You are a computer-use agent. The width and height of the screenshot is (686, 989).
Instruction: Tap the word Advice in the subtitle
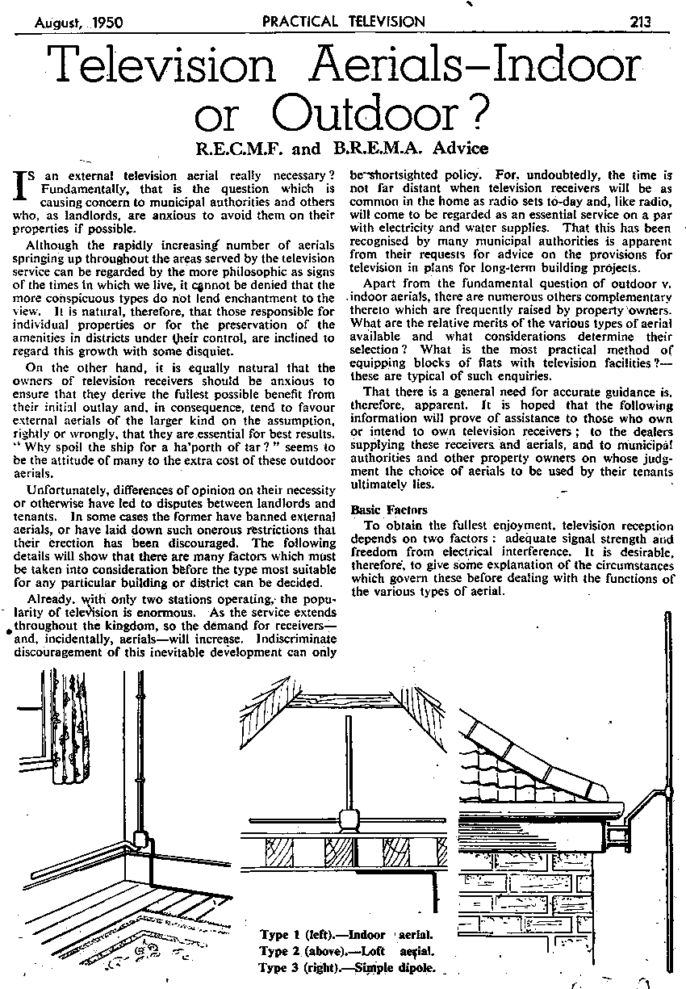[458, 149]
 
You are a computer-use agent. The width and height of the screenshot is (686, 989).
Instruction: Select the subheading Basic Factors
[383, 509]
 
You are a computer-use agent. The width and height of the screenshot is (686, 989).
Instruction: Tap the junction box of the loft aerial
[349, 822]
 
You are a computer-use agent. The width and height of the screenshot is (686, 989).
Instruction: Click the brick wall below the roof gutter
[533, 896]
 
